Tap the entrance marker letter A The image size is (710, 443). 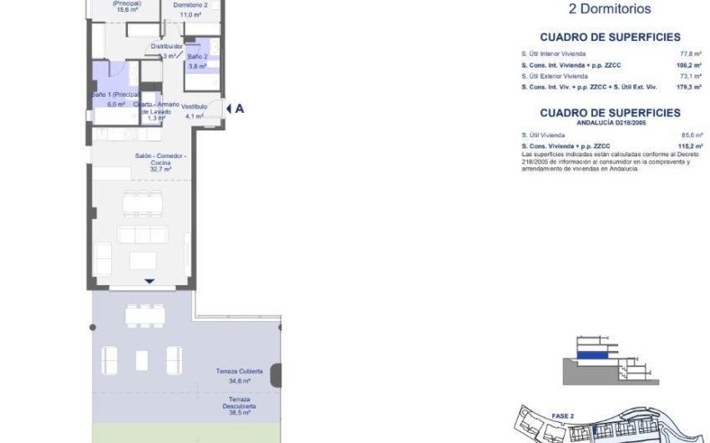(x=240, y=108)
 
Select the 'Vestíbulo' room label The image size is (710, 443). (x=195, y=106)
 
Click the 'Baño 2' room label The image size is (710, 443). (x=198, y=57)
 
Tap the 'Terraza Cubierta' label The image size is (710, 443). (x=240, y=370)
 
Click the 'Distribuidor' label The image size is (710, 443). (x=166, y=47)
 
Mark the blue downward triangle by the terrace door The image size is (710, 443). (x=149, y=281)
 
